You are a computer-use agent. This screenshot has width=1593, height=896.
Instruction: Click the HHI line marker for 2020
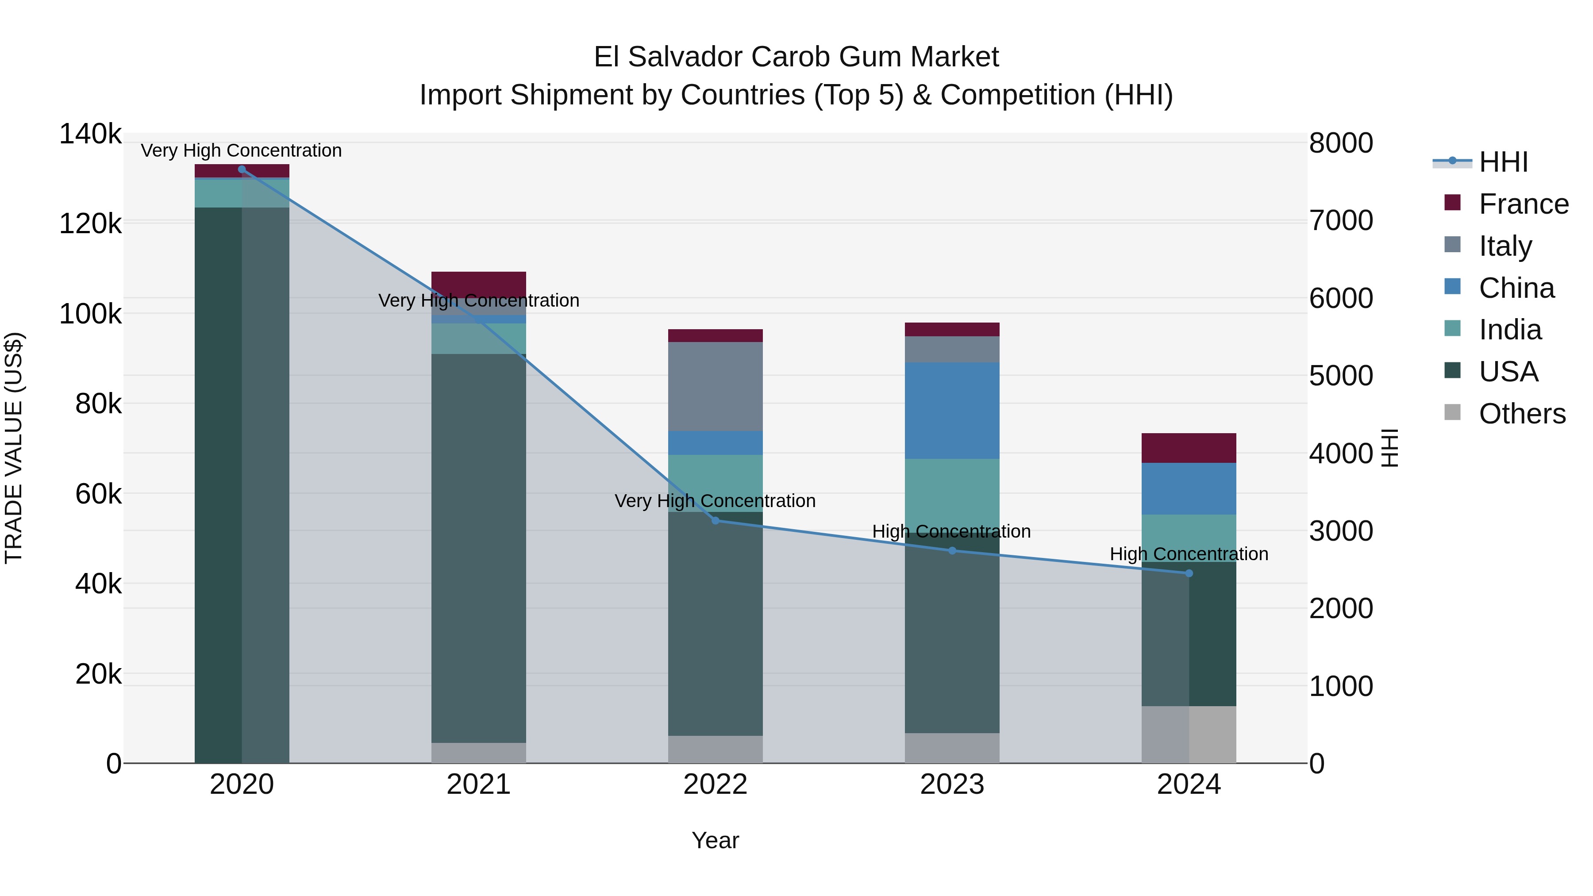[x=242, y=169]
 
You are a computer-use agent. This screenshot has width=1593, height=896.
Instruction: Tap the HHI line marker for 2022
[x=716, y=521]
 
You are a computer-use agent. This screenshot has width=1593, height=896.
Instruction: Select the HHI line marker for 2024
[x=1189, y=573]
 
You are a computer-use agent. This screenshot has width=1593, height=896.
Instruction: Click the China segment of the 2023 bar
[x=952, y=411]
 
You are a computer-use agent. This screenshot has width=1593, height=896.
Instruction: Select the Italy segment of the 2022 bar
[x=716, y=386]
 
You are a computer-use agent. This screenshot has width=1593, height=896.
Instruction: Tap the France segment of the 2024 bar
[x=1189, y=448]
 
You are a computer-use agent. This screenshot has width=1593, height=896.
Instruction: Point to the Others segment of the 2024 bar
[x=1189, y=734]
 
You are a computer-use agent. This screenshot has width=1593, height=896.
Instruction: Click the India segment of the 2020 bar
[x=242, y=193]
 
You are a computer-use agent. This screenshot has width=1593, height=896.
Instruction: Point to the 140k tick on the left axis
[x=90, y=134]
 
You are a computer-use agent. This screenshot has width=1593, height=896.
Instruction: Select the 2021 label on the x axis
[x=479, y=784]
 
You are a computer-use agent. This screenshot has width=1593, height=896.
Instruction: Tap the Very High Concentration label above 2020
[x=241, y=150]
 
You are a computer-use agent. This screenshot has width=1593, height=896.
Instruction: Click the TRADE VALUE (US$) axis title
[x=14, y=448]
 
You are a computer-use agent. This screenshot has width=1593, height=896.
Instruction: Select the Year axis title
[x=716, y=840]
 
